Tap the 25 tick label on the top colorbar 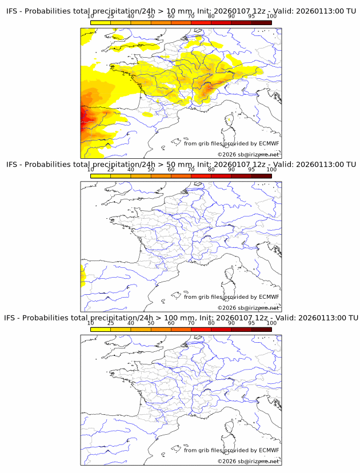pyautogui.click(x=110, y=16)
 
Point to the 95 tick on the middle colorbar pyautogui.click(x=251, y=170)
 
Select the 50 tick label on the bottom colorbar pyautogui.click(x=151, y=323)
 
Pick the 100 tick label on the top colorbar pyautogui.click(x=271, y=16)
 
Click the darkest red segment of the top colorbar pyautogui.click(x=262, y=22)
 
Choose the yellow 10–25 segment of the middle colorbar pyautogui.click(x=101, y=176)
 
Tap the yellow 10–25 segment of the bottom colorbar pyautogui.click(x=101, y=330)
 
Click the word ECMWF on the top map pyautogui.click(x=269, y=143)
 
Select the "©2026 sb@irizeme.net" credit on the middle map pyautogui.click(x=249, y=308)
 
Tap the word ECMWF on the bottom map pyautogui.click(x=269, y=450)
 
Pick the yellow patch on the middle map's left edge pyautogui.click(x=82, y=275)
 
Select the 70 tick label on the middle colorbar pyautogui.click(x=191, y=170)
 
